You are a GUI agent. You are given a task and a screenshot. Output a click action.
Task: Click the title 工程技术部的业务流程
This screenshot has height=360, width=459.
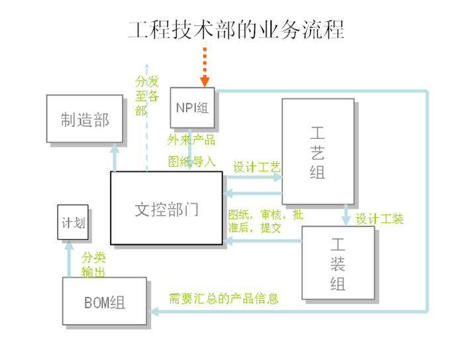click(236, 30)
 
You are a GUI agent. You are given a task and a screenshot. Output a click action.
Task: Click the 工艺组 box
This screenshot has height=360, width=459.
click(318, 151)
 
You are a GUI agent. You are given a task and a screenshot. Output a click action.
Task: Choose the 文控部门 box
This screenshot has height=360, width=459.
click(166, 208)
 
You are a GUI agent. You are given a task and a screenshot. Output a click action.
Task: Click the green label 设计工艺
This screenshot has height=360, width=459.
click(257, 167)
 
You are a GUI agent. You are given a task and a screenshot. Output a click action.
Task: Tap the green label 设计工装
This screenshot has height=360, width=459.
click(380, 218)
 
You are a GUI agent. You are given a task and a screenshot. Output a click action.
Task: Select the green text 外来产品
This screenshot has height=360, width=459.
click(191, 140)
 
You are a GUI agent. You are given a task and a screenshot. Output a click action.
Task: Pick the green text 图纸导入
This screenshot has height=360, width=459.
click(191, 161)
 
